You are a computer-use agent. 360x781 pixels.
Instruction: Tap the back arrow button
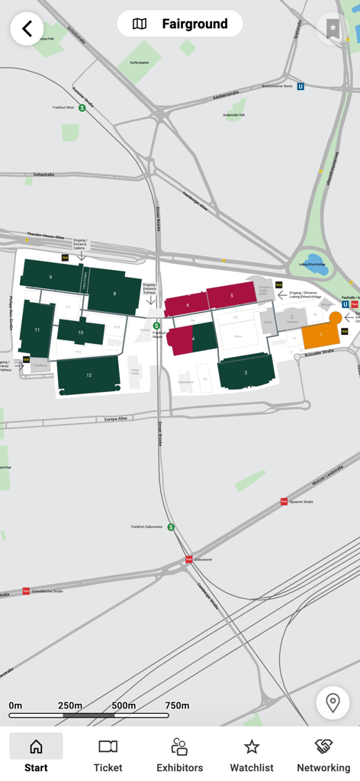[27, 29]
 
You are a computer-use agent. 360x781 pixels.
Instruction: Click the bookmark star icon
[333, 29]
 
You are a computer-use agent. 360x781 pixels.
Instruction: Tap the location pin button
[333, 702]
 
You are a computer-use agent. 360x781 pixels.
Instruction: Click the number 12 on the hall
[88, 375]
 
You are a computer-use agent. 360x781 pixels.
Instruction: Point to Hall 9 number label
[50, 277]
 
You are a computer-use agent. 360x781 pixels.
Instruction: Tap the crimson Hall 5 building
[231, 295]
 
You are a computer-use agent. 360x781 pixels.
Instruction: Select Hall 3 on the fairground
[246, 371]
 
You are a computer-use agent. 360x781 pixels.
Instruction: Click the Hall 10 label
[80, 333]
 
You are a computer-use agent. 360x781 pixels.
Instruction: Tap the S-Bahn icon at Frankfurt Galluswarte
[171, 527]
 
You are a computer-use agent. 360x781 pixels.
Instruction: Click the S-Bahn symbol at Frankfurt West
[82, 108]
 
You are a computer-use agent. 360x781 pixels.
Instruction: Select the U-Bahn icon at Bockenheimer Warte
[301, 87]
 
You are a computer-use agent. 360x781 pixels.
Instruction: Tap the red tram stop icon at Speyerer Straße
[284, 502]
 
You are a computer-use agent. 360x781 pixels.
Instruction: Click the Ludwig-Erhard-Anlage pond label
[313, 265]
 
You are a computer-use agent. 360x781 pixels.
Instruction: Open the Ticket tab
[108, 754]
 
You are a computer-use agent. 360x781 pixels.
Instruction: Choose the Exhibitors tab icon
[179, 747]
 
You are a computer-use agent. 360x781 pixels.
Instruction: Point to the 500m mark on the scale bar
[124, 705]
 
